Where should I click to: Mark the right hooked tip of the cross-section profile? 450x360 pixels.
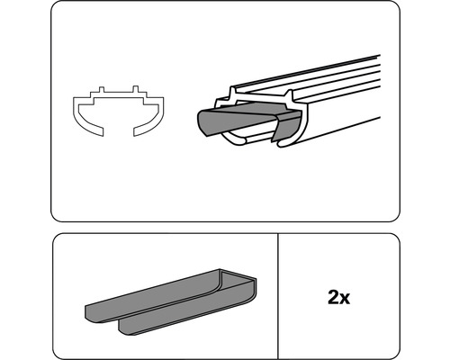(x=137, y=131)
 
